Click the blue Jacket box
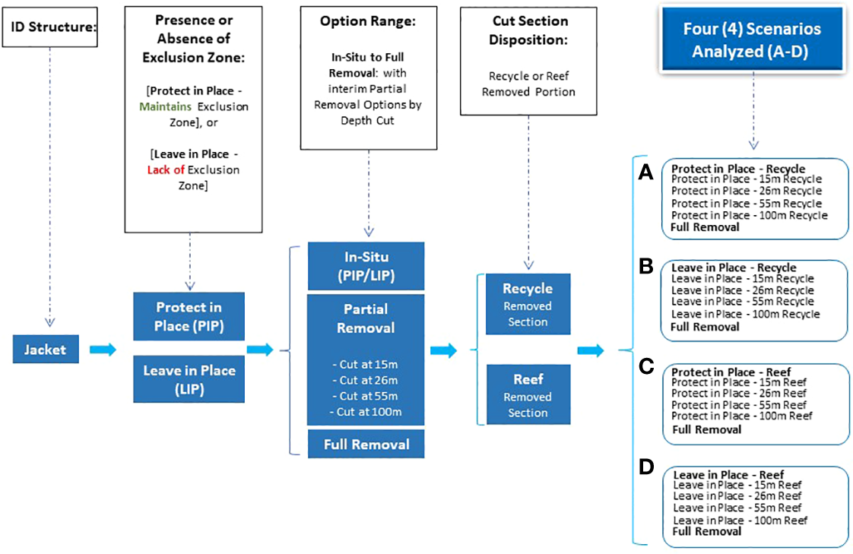click(46, 350)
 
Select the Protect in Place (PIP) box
click(189, 317)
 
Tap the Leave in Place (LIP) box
click(189, 379)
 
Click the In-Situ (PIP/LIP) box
click(366, 266)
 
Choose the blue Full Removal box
click(366, 445)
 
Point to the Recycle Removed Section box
click(528, 305)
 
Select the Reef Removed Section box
click(528, 395)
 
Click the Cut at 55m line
click(365, 396)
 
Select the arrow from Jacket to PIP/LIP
click(103, 350)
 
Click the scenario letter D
click(645, 467)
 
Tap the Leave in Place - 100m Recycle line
click(745, 314)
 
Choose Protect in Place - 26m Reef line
click(739, 394)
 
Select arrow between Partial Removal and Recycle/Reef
click(443, 350)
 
